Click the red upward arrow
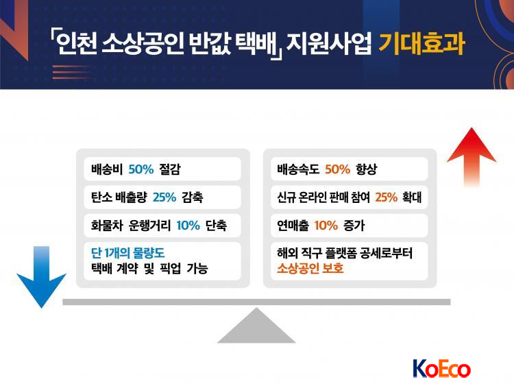472,158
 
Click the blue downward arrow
41,277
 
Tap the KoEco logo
441,369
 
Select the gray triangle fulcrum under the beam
256,326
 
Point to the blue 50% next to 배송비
141,169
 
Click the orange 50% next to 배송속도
338,169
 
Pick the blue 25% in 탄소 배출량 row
164,197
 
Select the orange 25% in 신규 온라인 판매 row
386,197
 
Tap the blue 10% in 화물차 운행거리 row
188,226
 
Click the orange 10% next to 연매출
326,226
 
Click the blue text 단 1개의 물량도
128,253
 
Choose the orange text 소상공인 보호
310,269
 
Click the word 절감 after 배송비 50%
170,169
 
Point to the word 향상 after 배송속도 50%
367,169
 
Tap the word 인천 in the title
76,44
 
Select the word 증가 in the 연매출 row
354,226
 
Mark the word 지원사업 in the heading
329,44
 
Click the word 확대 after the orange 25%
412,197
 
